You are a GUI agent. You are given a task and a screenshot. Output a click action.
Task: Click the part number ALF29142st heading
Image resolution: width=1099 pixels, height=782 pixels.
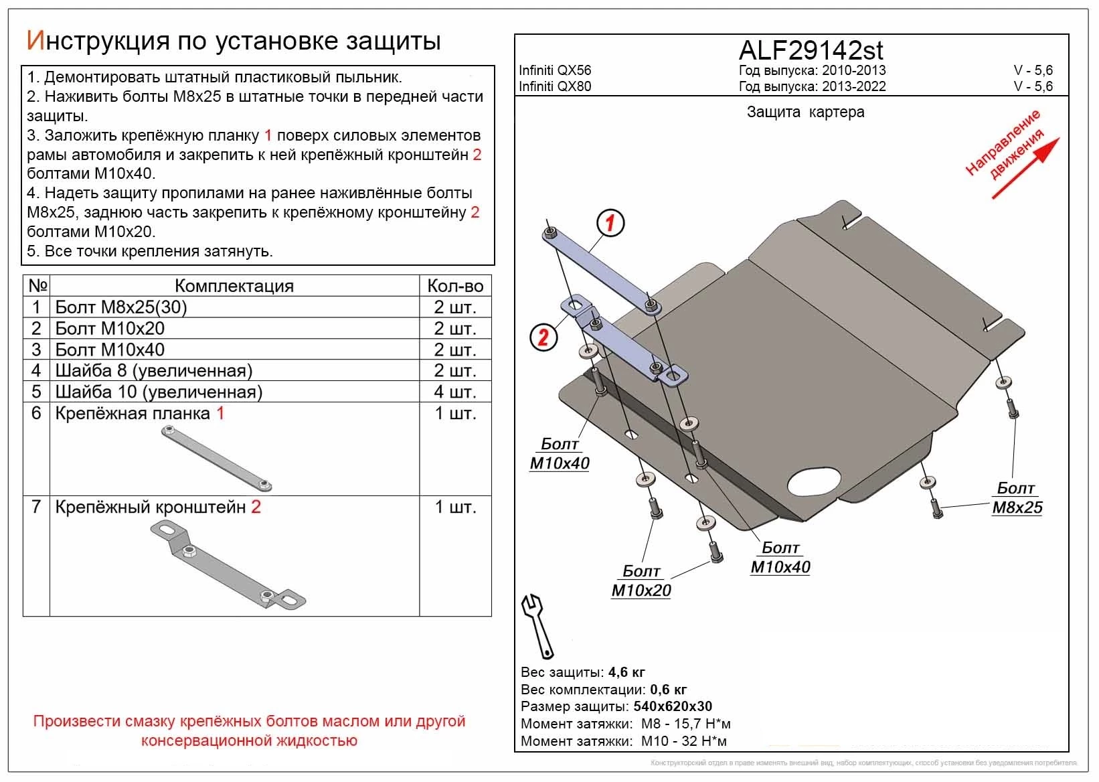pos(811,50)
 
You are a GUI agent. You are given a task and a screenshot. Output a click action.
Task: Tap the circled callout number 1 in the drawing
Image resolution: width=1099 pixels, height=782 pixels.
pos(610,222)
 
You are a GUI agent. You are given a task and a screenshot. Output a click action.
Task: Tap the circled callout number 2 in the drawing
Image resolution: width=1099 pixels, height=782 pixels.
pos(543,336)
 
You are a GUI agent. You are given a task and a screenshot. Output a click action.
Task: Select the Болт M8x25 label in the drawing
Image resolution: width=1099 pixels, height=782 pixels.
pos(1017,498)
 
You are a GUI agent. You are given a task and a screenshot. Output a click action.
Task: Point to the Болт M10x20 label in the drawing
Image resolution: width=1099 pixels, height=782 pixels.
pos(641,581)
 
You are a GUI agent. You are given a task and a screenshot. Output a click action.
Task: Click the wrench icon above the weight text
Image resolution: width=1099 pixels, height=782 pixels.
pos(537,625)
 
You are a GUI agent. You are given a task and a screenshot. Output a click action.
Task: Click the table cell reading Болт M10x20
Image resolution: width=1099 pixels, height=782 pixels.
pos(110,329)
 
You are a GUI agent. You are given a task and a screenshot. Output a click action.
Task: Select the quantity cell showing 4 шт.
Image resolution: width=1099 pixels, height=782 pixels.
pos(455,392)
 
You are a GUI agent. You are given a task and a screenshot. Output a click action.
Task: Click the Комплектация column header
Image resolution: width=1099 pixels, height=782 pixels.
pos(234,286)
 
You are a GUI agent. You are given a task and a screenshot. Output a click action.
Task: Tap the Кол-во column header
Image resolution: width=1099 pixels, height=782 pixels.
pos(455,286)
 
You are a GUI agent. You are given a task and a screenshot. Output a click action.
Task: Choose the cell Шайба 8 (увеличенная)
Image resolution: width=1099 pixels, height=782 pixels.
pos(154,371)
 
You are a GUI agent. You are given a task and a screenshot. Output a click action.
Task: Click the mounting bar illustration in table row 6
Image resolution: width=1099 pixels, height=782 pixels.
pos(217,459)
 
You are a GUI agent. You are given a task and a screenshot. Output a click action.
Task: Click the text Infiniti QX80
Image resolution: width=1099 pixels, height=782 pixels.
pos(555,86)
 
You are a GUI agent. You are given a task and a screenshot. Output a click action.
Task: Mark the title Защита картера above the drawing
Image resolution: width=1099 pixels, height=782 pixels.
pos(805,112)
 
